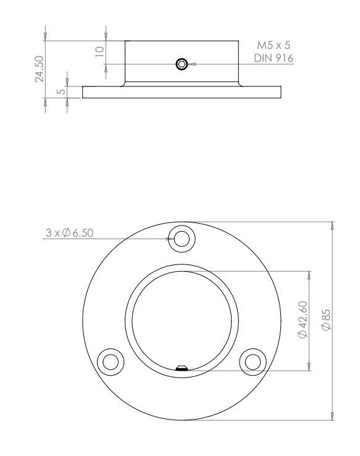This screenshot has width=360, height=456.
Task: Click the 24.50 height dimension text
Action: tap(40, 69)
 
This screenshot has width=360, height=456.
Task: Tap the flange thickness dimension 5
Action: tap(61, 91)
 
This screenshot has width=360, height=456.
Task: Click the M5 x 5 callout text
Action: tap(274, 46)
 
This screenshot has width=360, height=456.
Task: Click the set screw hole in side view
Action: tap(182, 64)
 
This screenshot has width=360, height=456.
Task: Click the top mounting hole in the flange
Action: tap(182, 238)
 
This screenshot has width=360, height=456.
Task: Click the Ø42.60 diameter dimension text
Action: tap(303, 320)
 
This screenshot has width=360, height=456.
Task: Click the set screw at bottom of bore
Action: tap(182, 369)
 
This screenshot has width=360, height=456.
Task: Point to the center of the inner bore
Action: tap(182, 321)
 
